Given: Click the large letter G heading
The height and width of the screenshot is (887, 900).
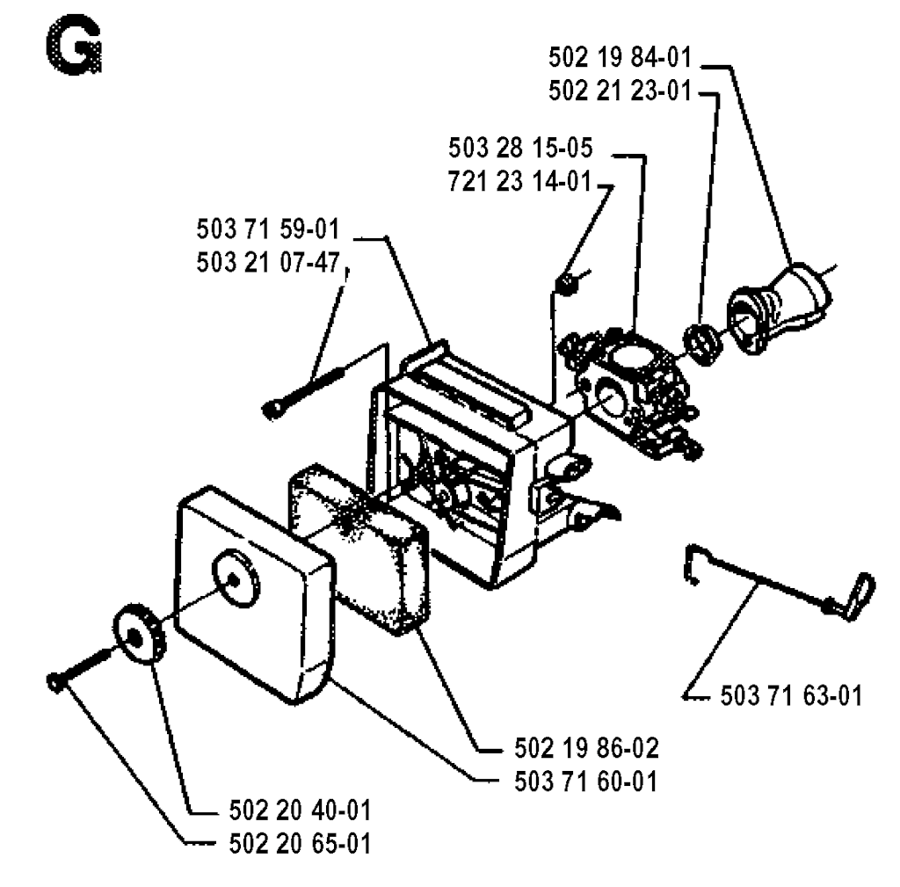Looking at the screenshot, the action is point(74,46).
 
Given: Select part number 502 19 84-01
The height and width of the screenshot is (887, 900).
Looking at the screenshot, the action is point(620,57).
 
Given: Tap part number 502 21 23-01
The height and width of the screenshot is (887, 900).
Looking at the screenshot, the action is point(620,91).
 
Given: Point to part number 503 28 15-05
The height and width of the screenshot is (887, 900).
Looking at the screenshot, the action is point(520,148).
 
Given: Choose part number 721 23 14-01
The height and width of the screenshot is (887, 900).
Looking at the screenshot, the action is point(519,181).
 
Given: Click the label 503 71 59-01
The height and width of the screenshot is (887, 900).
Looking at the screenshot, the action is point(268,229).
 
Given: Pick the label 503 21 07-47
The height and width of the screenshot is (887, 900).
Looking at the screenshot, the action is point(268,262).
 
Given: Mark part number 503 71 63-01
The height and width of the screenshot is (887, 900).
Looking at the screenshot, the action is point(792,696).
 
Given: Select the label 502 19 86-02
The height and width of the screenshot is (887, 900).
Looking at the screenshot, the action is point(586,748).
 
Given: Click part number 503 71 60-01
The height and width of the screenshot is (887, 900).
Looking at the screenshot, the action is point(585,782).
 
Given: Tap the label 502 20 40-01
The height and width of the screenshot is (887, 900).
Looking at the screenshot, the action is point(301,811).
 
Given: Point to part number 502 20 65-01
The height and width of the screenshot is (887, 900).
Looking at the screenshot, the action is point(301,844).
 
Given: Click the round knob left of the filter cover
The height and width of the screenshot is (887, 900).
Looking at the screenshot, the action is point(139,633).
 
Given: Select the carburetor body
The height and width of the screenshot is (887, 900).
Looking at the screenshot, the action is point(628,390).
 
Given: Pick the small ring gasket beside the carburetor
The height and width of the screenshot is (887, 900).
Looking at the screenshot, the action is point(704,344).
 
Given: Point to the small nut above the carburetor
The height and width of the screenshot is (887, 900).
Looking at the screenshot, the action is point(567,284).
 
